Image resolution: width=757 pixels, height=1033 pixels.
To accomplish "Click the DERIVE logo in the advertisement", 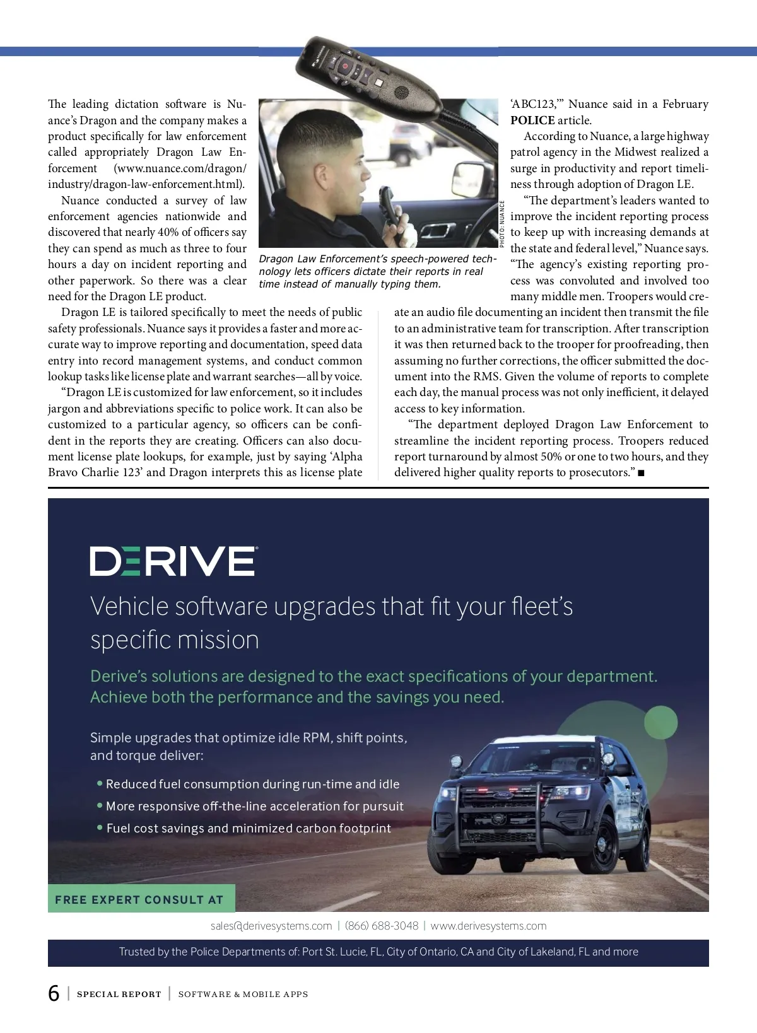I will pyautogui.click(x=173, y=561).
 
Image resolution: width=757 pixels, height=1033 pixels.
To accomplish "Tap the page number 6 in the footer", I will pyautogui.click(x=54, y=993).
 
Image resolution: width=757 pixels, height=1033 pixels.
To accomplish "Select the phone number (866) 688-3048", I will pyautogui.click(x=382, y=926).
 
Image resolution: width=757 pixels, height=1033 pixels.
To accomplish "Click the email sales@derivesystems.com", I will pyautogui.click(x=271, y=926).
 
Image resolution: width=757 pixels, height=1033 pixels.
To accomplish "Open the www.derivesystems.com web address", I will pyautogui.click(x=488, y=926).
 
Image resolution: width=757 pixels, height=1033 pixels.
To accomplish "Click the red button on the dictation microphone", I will pyautogui.click(x=345, y=66).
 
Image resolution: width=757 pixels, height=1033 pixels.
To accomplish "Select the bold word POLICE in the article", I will pyautogui.click(x=532, y=120).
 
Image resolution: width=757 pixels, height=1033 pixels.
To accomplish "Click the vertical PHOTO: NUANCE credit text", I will pyautogui.click(x=502, y=224).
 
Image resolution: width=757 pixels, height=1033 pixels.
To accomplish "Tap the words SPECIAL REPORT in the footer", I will pyautogui.click(x=119, y=995).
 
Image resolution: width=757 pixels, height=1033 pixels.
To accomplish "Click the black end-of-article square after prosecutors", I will pyautogui.click(x=642, y=473).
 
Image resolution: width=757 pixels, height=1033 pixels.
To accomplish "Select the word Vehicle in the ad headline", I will pyautogui.click(x=130, y=606).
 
